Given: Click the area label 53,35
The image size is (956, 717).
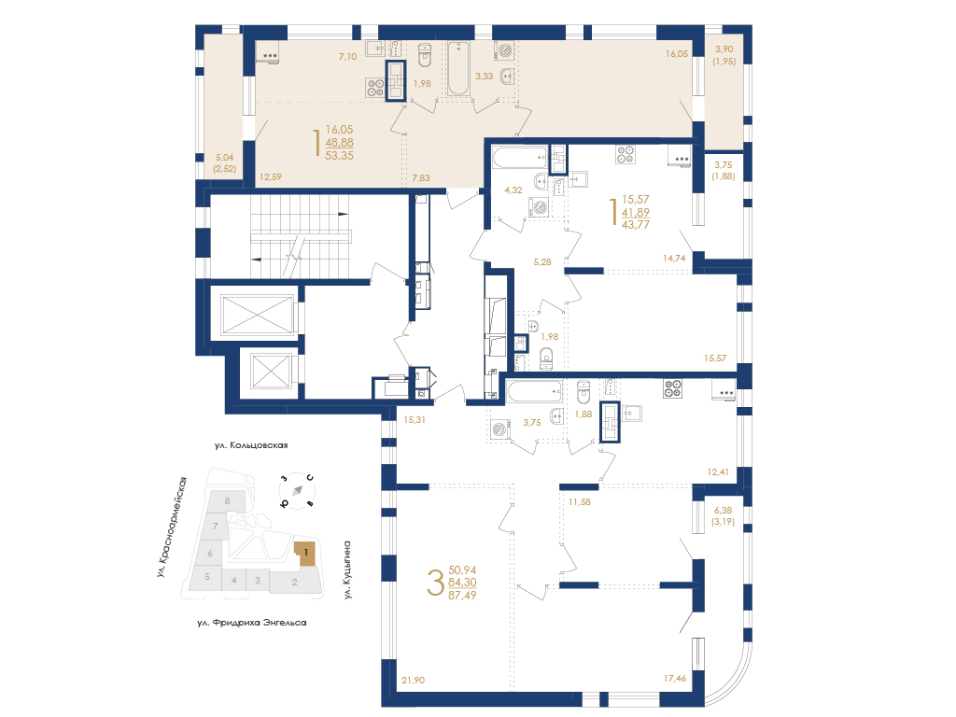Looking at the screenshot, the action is point(340,156).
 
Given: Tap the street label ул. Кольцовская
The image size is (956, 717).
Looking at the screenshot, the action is point(250,445).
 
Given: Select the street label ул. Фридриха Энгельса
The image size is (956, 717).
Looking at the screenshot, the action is point(252,623).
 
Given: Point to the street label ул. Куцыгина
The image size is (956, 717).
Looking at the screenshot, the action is point(347,569).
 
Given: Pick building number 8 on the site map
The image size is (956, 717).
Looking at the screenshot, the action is point(228,501).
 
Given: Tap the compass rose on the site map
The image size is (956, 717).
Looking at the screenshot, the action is point(297,490).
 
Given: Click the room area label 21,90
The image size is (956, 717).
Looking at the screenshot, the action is point(414,680).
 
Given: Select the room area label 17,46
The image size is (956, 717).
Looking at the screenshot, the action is point(675,678).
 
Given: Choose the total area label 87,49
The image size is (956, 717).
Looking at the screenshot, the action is point(462,595).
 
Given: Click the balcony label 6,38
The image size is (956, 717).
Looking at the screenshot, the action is point(724,511).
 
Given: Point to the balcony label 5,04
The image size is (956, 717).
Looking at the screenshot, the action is point(224,157).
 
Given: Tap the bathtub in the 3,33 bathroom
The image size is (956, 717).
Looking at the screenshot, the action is point(458,68).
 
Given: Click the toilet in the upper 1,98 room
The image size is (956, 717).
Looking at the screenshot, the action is point(425,54).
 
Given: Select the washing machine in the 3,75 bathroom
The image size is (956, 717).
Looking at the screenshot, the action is point(500,429).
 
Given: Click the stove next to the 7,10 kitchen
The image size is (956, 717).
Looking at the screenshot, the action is point(374,87).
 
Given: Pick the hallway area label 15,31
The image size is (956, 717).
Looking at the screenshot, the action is point(415,419).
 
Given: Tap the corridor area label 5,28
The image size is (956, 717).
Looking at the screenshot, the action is point(542,262).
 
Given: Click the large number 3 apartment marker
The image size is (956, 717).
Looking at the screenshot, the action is point(435,583).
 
